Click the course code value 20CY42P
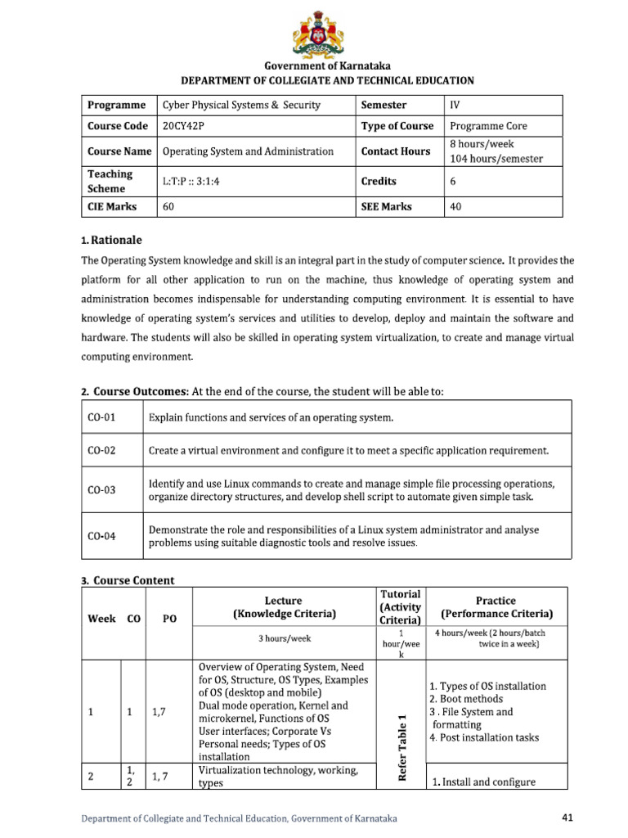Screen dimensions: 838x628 (x=185, y=126)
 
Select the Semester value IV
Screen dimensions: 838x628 (x=455, y=105)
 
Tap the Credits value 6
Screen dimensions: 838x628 (x=453, y=182)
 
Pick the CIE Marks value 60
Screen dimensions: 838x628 (x=169, y=207)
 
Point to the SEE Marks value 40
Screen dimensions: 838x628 (x=455, y=207)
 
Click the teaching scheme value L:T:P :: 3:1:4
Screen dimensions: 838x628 (x=191, y=182)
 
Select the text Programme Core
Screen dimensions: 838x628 (x=488, y=126)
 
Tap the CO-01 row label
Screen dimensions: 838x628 (x=101, y=418)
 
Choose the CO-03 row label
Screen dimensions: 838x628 (x=101, y=490)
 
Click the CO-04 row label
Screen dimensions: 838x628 (x=101, y=537)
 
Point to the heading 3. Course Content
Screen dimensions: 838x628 (x=128, y=580)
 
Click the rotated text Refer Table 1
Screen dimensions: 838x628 (x=401, y=747)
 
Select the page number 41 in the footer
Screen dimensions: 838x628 (x=570, y=817)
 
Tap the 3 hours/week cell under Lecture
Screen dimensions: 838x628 (x=284, y=638)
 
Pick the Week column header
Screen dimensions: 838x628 (x=101, y=619)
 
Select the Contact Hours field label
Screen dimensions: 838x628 (x=396, y=151)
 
